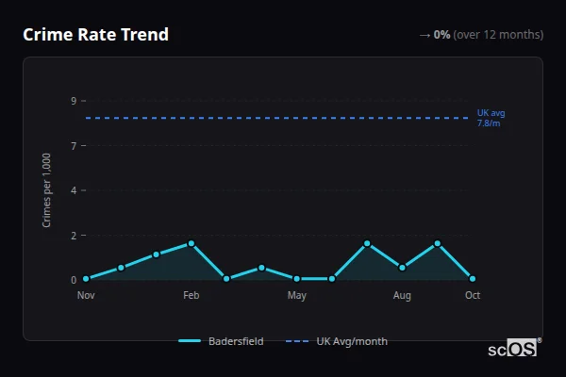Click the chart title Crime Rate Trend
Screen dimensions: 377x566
[x=95, y=35]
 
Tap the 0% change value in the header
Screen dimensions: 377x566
[x=441, y=35]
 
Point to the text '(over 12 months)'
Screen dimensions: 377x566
[x=498, y=35]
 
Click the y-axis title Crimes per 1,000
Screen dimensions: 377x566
[x=47, y=189]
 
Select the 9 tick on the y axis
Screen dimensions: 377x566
[x=74, y=101]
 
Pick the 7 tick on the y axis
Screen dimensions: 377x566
[x=74, y=145]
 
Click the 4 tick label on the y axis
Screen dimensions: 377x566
[x=74, y=190]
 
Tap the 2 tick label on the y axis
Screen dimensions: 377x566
[x=74, y=235]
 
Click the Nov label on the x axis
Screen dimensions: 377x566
[x=86, y=296]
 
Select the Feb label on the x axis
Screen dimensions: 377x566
[x=191, y=296]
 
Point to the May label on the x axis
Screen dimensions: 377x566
[x=297, y=296]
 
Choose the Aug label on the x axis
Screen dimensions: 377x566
[x=402, y=296]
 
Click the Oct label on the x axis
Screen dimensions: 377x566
[x=473, y=296]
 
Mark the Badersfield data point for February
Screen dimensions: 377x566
[x=191, y=243]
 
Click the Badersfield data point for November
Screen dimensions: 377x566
[x=86, y=279]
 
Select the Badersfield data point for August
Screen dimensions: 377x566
[x=402, y=268]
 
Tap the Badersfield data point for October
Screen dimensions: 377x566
[x=473, y=279]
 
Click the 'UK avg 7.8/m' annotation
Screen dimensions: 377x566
[x=491, y=118]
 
